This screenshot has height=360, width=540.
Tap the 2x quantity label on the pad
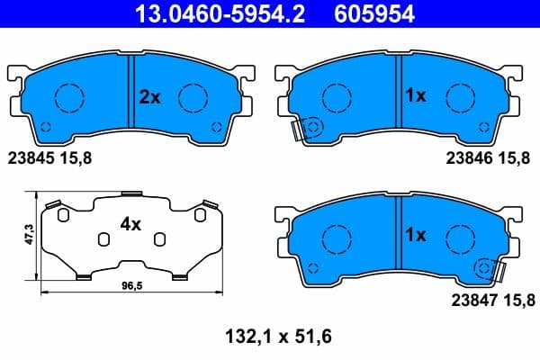(x=149, y=97)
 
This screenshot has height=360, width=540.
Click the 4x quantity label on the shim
(x=131, y=225)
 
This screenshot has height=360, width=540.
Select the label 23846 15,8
(x=488, y=157)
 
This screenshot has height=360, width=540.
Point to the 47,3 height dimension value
(x=29, y=236)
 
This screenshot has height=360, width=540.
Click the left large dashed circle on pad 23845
(x=67, y=96)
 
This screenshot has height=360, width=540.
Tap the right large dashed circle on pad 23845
(x=193, y=96)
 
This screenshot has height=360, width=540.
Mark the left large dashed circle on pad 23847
(x=337, y=238)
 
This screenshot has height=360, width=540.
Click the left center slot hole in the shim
(x=103, y=238)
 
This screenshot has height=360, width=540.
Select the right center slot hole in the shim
(x=159, y=238)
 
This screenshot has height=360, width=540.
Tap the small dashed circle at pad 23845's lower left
(x=47, y=126)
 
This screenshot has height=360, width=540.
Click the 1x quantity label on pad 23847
(x=415, y=235)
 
